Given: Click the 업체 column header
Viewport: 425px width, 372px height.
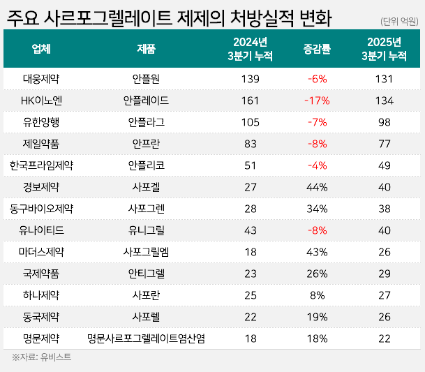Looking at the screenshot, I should (41, 49).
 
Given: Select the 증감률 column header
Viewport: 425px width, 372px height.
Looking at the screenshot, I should (317, 49).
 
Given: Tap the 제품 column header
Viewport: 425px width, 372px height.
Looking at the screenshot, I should (146, 49).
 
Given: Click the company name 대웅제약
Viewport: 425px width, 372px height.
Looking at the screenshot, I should (41, 79).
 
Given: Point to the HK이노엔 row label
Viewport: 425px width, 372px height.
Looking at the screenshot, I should (41, 101).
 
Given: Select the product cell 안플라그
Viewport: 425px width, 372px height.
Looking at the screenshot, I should (146, 122).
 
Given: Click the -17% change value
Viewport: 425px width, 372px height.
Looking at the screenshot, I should (317, 101).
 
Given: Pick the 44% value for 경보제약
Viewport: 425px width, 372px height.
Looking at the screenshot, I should (317, 187).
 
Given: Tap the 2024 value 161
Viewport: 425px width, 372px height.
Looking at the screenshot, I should (249, 101).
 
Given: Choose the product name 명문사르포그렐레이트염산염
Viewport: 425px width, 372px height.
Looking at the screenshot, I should (146, 338).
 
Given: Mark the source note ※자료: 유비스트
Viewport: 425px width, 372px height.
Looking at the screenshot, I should (41, 357).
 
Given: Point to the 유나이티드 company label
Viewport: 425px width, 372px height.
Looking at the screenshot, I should (41, 230).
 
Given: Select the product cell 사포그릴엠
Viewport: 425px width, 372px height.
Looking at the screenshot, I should (146, 252).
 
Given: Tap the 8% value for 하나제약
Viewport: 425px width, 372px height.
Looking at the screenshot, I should (317, 295).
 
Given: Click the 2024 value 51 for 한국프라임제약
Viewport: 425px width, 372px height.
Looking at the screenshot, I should (249, 165).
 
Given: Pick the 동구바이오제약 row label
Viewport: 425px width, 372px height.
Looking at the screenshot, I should (41, 209).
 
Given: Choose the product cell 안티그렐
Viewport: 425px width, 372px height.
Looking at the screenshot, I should (146, 274).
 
